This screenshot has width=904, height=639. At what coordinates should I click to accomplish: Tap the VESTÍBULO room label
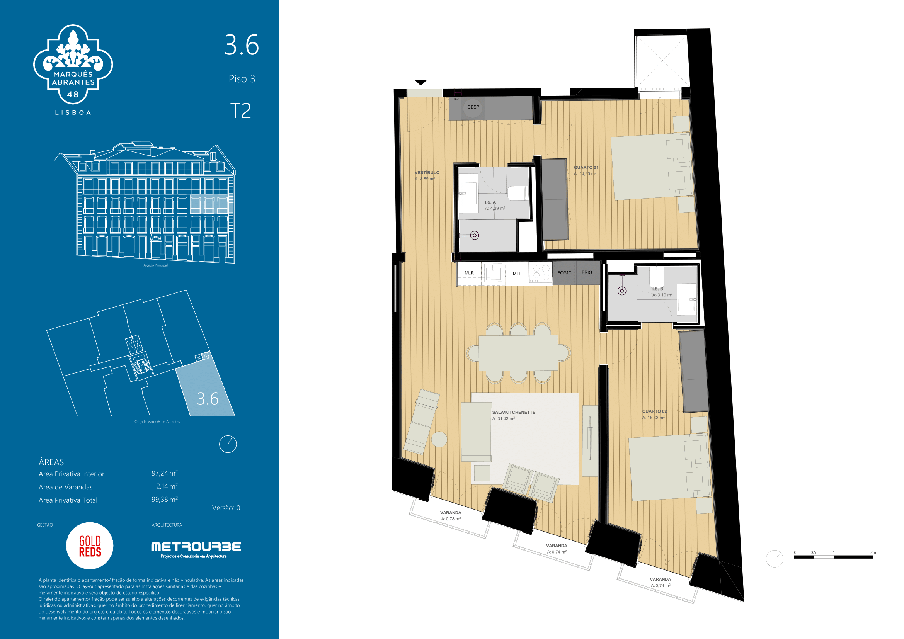point(427,173)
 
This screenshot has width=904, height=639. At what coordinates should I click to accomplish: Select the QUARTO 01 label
point(586,168)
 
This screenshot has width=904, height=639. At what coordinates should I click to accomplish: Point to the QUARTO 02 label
point(654,411)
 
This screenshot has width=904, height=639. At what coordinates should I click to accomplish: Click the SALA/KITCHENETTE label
point(513,412)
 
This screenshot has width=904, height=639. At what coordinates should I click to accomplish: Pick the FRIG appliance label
point(587,272)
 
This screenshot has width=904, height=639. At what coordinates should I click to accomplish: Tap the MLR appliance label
point(469,273)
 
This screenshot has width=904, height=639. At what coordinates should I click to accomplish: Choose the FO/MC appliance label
point(564,273)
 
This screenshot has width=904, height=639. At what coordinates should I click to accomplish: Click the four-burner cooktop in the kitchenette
point(541,273)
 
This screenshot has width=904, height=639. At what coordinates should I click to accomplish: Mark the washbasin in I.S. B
point(687,299)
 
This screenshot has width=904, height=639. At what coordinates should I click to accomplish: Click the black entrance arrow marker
point(421,83)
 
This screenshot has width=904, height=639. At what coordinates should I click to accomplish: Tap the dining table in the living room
point(518,353)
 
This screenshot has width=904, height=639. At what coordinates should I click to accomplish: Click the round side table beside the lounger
point(439,439)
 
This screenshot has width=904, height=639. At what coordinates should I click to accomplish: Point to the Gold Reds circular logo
point(90,546)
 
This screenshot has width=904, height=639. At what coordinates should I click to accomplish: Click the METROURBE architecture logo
point(196,549)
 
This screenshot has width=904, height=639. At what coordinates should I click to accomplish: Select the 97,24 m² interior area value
point(165,473)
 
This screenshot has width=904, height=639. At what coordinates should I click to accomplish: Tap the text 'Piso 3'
point(242,79)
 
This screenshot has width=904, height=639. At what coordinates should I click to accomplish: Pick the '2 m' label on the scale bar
point(874,552)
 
